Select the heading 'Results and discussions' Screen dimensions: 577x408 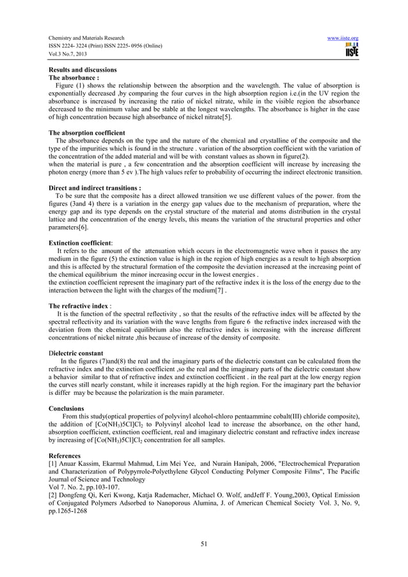click(x=82, y=69)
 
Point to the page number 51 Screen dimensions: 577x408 click(x=204, y=544)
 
